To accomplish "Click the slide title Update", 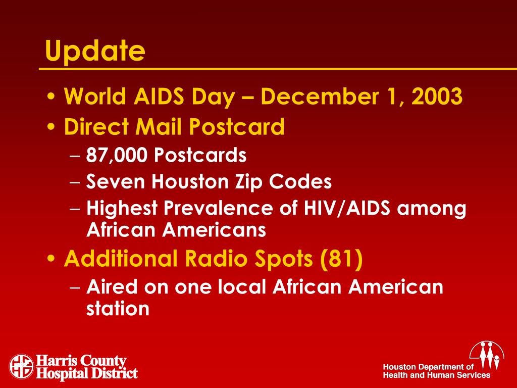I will (94, 51).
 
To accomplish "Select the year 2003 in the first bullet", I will (437, 96).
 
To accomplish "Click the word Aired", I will (112, 287).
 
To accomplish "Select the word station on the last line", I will (118, 309).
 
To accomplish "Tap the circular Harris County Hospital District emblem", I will (21, 366).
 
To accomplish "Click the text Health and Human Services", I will (436, 375).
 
